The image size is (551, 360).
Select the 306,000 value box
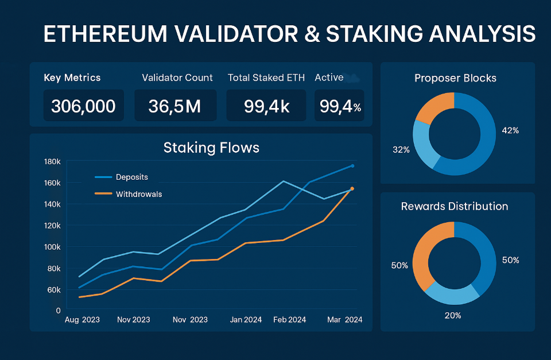point(83,106)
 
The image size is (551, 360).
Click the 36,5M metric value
point(175,106)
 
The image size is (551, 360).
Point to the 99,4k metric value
point(267,106)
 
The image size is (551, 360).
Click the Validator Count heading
point(177,78)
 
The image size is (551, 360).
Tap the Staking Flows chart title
point(211,148)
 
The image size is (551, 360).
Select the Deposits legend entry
point(131,177)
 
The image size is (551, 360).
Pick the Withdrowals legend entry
point(138,194)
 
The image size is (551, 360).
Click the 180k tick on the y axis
point(52,162)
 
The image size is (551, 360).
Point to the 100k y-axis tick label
point(52,247)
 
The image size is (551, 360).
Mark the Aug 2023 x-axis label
point(83,320)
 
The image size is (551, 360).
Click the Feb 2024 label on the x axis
point(289,320)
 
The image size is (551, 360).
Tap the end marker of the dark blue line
point(352,166)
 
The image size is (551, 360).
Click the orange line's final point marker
point(352,188)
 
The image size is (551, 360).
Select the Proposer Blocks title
point(456,78)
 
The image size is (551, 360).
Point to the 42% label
point(510,130)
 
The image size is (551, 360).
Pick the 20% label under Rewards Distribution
point(453,315)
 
